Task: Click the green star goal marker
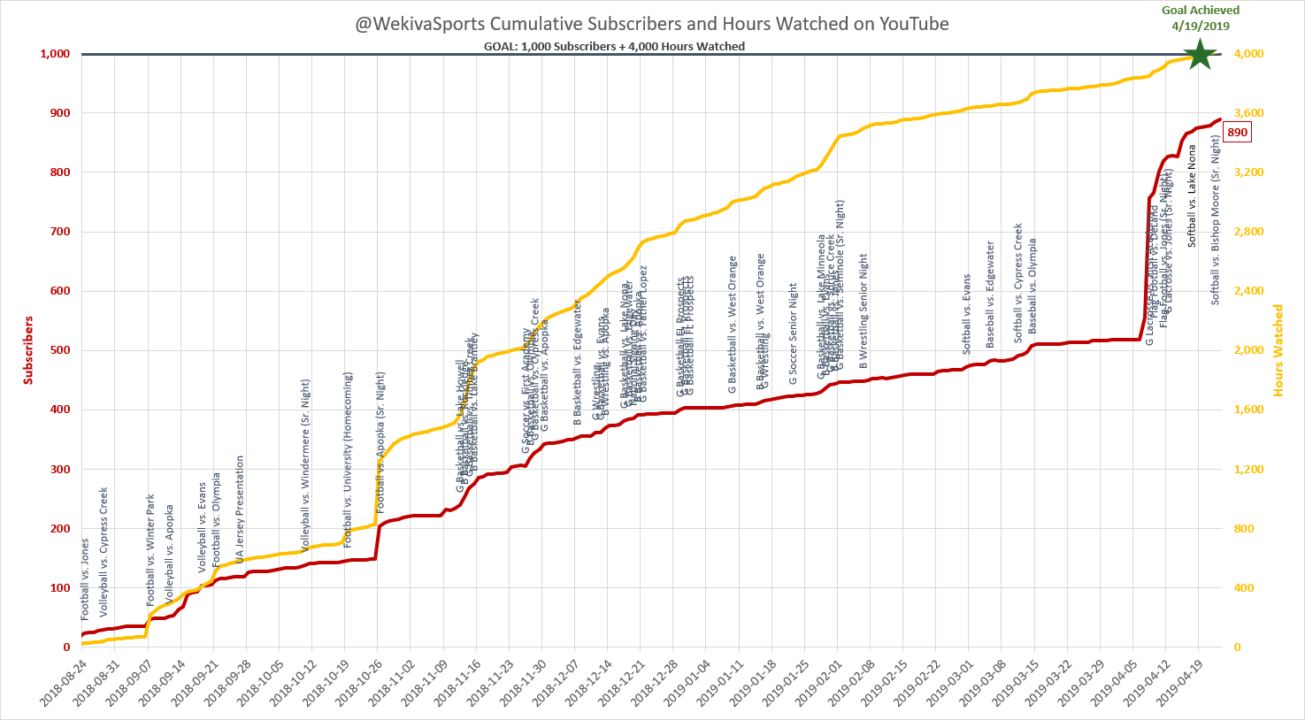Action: pyautogui.click(x=1200, y=55)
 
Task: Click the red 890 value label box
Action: pyautogui.click(x=1237, y=133)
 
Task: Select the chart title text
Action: pyautogui.click(x=652, y=24)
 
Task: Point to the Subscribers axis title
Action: pyautogui.click(x=28, y=350)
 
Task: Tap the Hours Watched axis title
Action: pyautogui.click(x=1278, y=350)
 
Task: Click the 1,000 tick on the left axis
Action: pyautogui.click(x=55, y=54)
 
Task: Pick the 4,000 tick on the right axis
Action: pyautogui.click(x=1249, y=54)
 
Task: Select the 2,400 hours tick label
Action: pyautogui.click(x=1249, y=291)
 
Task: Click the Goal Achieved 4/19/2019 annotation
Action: pyautogui.click(x=1201, y=18)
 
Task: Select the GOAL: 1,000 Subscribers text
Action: pyautogui.click(x=615, y=46)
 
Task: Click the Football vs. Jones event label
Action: pyautogui.click(x=85, y=578)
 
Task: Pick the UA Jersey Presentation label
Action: pyautogui.click(x=240, y=510)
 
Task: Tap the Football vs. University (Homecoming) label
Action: pyautogui.click(x=348, y=460)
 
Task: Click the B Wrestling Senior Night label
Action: pyautogui.click(x=864, y=311)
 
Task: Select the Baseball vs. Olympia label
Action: pyautogui.click(x=1032, y=286)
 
